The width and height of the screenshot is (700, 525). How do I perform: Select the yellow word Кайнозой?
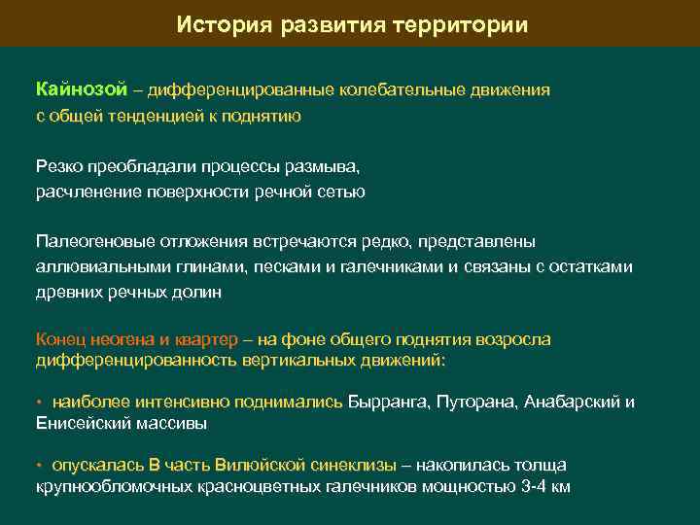point(82,90)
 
